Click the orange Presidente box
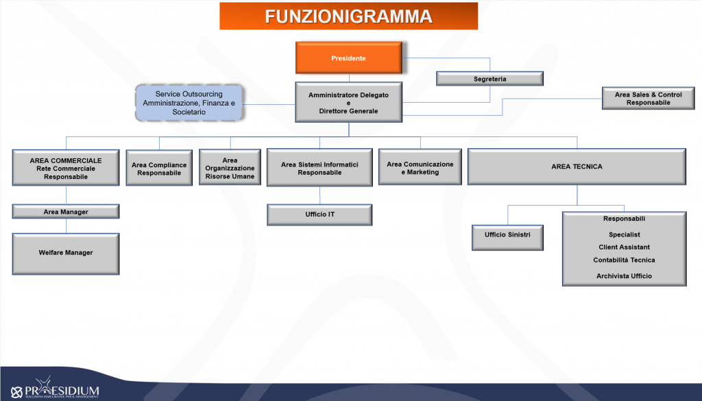click(349, 58)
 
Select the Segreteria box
click(489, 79)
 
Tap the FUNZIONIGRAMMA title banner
click(349, 16)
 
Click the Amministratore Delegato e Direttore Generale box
click(349, 103)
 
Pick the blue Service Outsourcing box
click(189, 103)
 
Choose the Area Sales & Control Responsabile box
click(649, 99)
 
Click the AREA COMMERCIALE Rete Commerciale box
click(66, 168)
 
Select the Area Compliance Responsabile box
click(159, 168)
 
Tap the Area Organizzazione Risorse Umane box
click(230, 168)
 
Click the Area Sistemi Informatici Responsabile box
click(319, 168)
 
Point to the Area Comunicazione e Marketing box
click(420, 167)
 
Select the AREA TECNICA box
click(577, 167)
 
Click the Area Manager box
click(66, 212)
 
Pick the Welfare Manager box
click(66, 254)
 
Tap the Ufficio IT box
click(319, 215)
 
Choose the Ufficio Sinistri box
click(508, 238)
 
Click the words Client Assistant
click(624, 247)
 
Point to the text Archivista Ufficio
click(624, 276)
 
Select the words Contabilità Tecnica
click(624, 260)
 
